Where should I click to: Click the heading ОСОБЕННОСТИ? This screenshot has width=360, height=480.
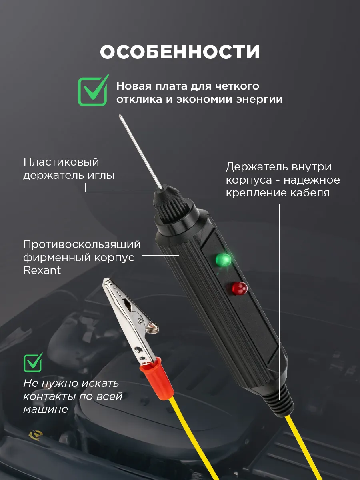click(180, 52)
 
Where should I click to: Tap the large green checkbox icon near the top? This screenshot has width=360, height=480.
click(93, 91)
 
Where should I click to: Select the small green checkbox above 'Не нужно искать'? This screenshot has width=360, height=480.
click(33, 362)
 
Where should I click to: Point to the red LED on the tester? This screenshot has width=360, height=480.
click(240, 288)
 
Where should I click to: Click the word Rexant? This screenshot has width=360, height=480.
click(42, 270)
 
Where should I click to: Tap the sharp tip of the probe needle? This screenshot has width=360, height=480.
click(120, 115)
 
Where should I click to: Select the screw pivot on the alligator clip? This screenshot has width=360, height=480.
click(140, 320)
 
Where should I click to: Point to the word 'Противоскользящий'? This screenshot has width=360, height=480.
click(82, 245)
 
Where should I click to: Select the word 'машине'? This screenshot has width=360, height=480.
click(46, 409)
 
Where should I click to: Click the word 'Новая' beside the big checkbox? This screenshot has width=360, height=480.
click(134, 86)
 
